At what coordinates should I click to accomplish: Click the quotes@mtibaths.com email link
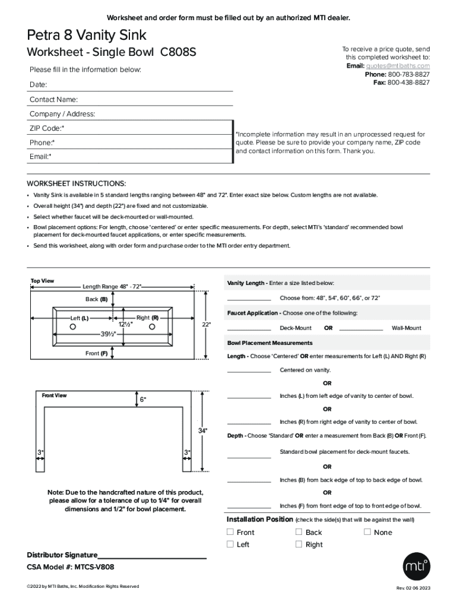coord(398,66)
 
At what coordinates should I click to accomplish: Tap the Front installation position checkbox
coord(230,532)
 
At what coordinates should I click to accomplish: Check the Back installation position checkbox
coord(299,532)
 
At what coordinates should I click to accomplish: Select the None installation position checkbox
coord(367,532)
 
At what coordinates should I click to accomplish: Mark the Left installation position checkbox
coord(230,544)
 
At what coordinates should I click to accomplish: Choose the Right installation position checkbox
coord(299,544)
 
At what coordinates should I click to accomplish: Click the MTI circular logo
coord(415,568)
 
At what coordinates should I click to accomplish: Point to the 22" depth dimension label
coord(206,325)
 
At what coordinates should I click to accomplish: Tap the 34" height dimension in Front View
coord(202,430)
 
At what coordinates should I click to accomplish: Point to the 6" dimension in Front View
coord(143,400)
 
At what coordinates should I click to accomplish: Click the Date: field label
coord(39,85)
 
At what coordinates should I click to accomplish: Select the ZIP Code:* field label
coord(47,128)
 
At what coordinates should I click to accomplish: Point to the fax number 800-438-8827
coord(408,83)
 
